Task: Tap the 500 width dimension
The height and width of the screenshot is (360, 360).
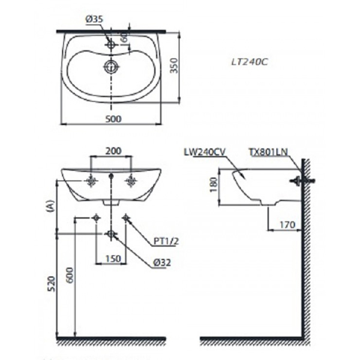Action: coord(113,119)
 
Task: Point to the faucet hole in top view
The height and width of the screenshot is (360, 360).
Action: coord(112,44)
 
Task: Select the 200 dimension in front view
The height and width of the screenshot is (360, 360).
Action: coord(112,151)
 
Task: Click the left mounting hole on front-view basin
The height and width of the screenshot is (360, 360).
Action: coord(92,180)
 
